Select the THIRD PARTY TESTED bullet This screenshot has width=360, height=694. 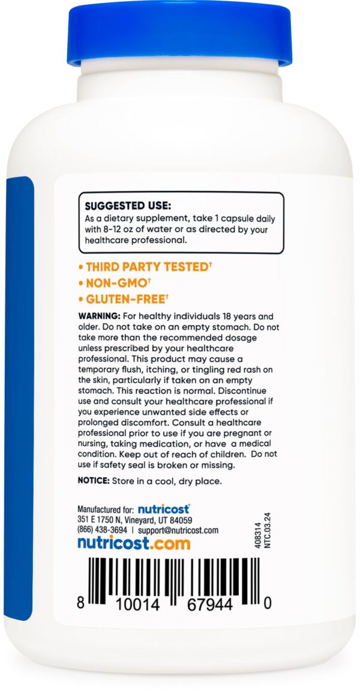138,267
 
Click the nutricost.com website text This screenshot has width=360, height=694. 133,543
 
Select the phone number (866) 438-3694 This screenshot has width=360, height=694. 102,530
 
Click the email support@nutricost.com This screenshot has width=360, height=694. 178,530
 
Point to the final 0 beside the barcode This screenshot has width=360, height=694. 267,603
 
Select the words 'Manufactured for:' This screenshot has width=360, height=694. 105,509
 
